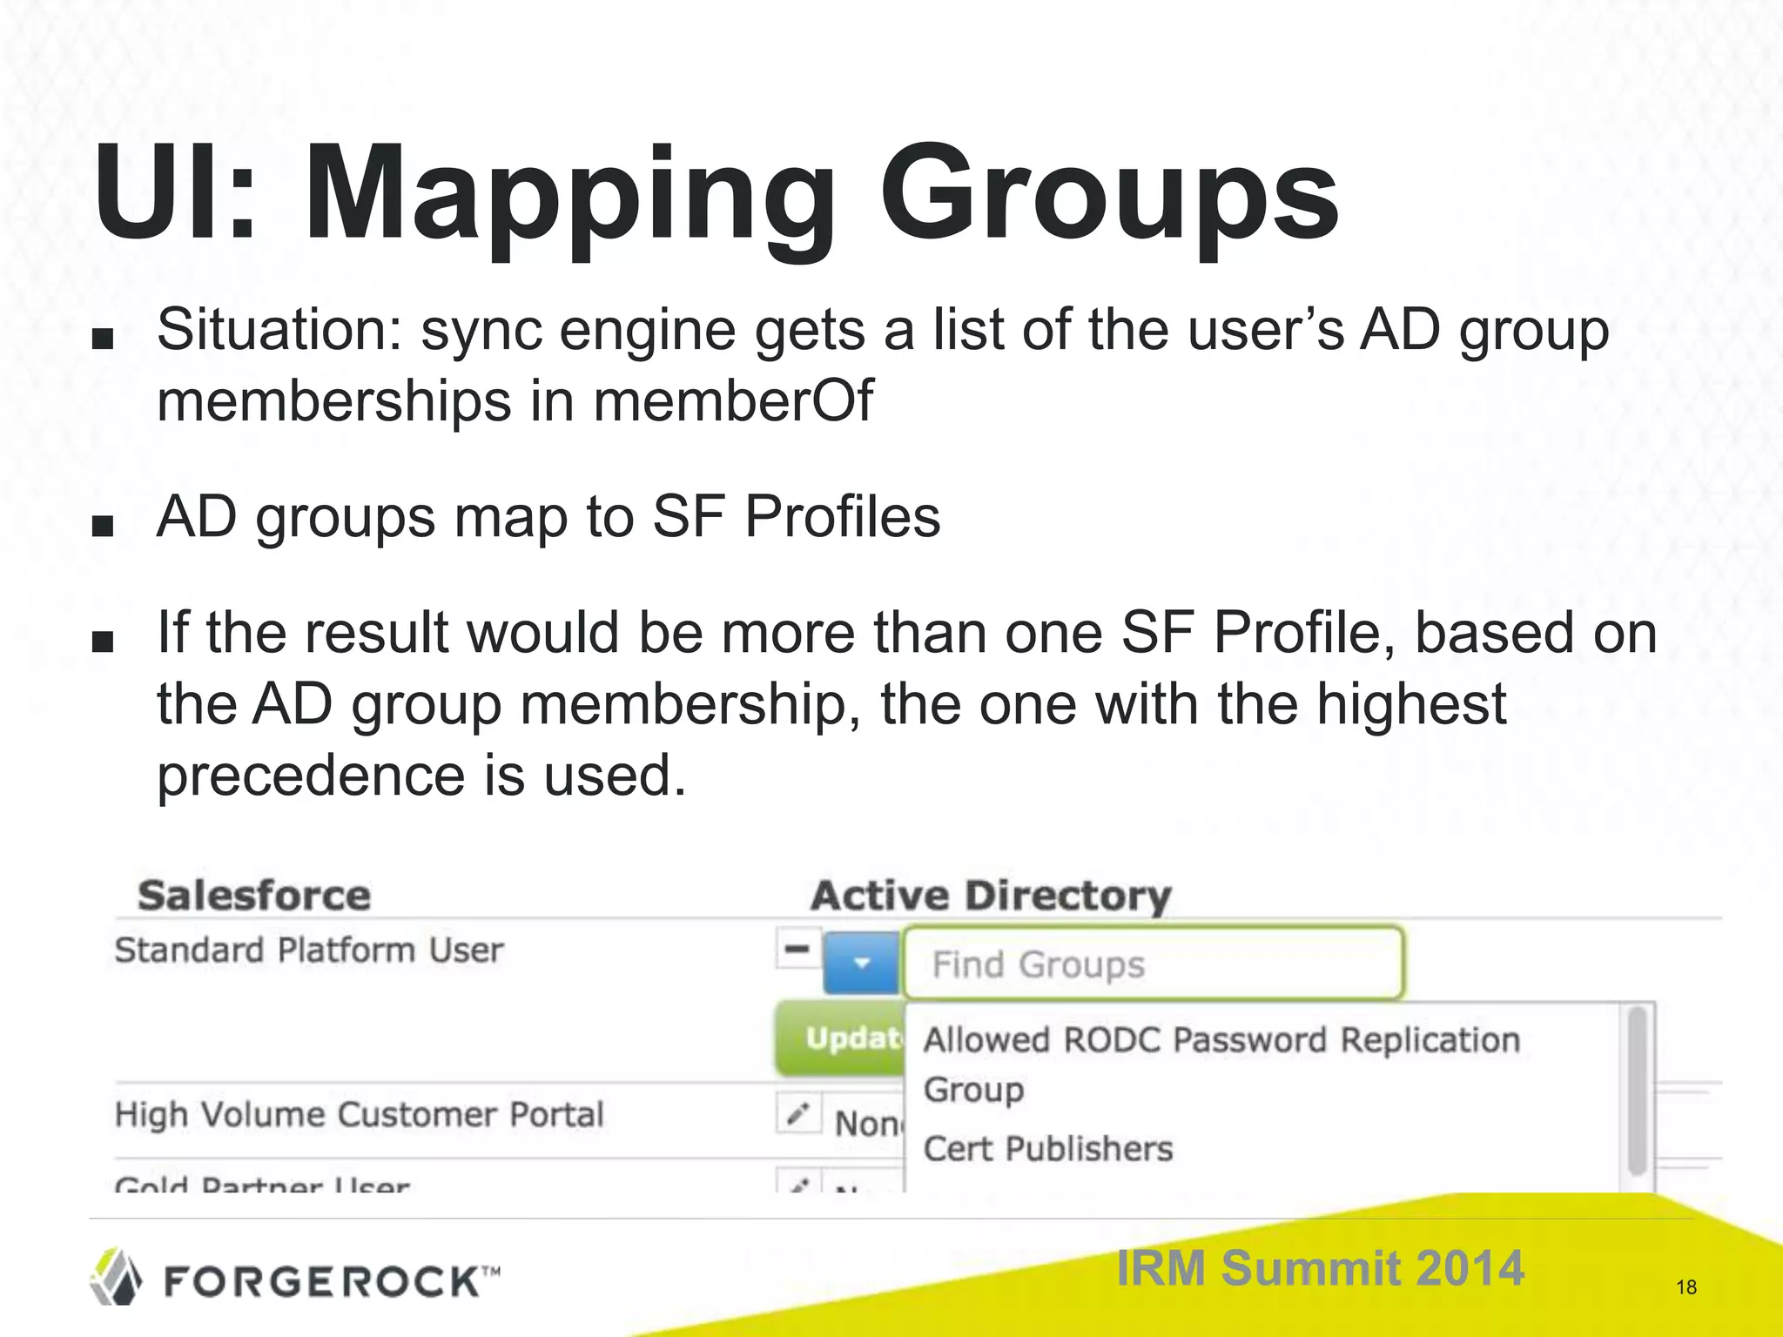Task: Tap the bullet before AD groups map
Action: pos(103,526)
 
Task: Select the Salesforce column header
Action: pos(254,896)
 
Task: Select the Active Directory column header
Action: pos(991,896)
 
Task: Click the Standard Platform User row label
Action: pos(309,950)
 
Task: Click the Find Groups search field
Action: pos(1153,964)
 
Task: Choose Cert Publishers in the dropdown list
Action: pos(1048,1149)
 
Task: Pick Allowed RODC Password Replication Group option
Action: pos(1221,1063)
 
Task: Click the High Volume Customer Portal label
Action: pos(359,1114)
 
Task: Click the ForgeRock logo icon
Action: pos(117,1276)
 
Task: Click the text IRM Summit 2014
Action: pos(1320,1267)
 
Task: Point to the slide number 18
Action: pos(1685,1287)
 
